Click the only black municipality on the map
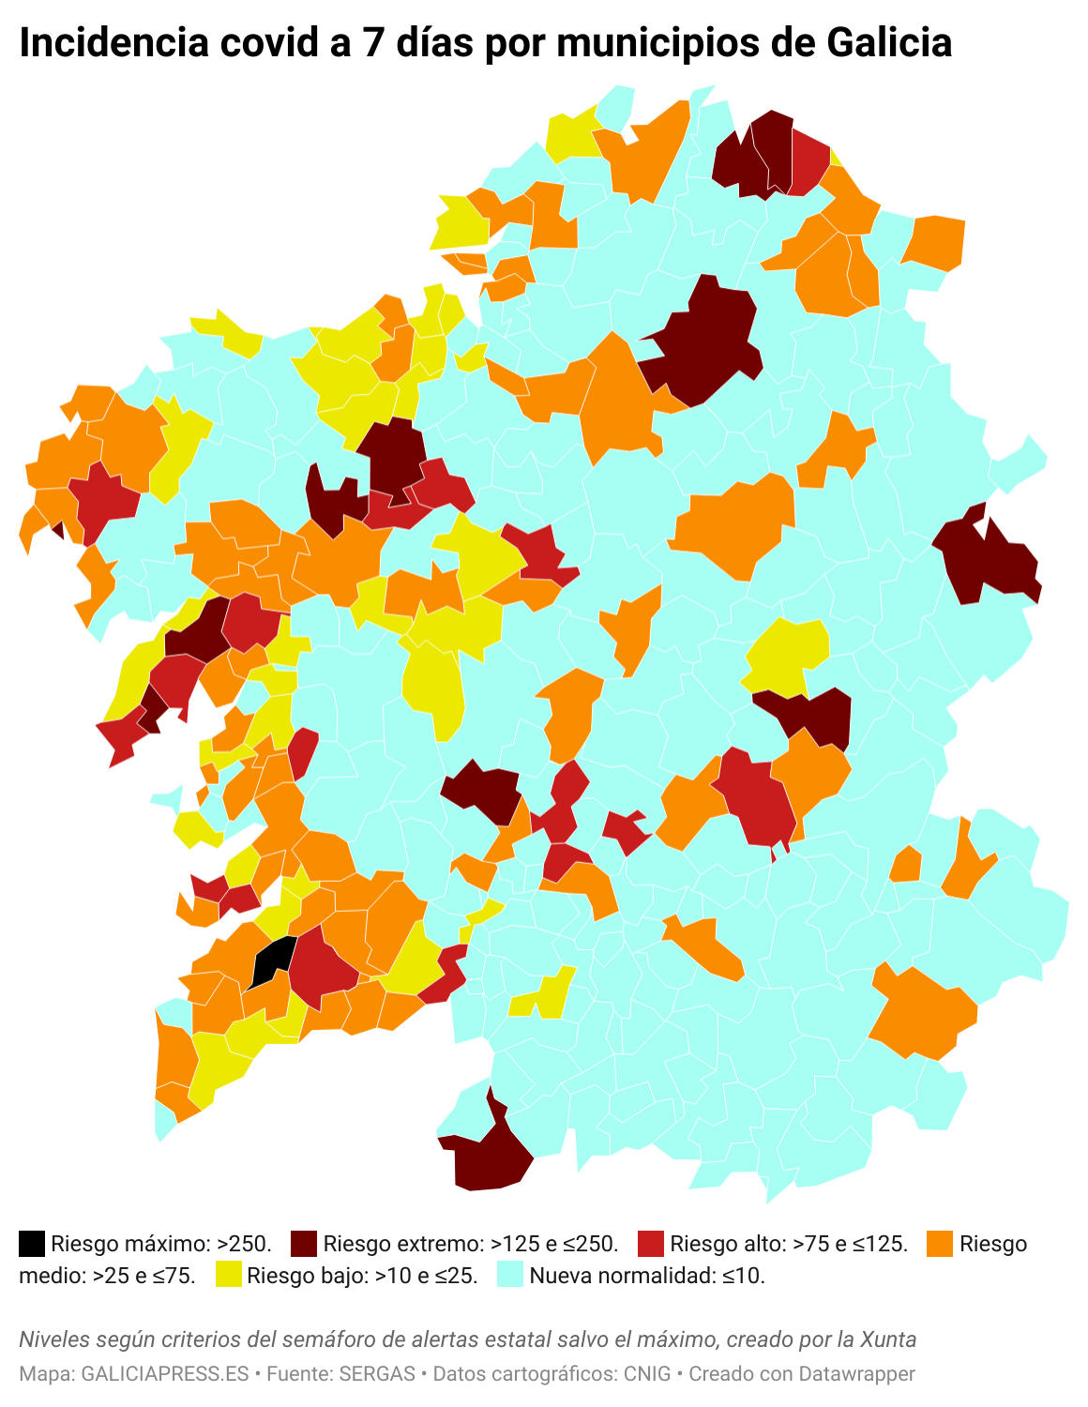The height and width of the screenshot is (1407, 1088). point(272,961)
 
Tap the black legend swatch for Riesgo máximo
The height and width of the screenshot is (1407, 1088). point(32,1244)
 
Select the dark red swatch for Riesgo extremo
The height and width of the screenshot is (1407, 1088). point(304,1244)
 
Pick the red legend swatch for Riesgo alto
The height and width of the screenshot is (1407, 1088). point(651,1244)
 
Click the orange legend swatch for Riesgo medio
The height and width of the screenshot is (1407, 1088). point(940,1244)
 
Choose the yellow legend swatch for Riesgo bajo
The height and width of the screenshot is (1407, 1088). point(228,1275)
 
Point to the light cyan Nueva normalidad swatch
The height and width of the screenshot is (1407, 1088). point(509,1275)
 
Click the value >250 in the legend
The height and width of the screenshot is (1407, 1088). point(243,1245)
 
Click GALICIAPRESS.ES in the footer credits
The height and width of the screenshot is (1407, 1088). point(165,1374)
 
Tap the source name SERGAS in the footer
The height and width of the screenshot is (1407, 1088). point(377,1374)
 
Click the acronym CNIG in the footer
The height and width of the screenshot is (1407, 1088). point(647,1374)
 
